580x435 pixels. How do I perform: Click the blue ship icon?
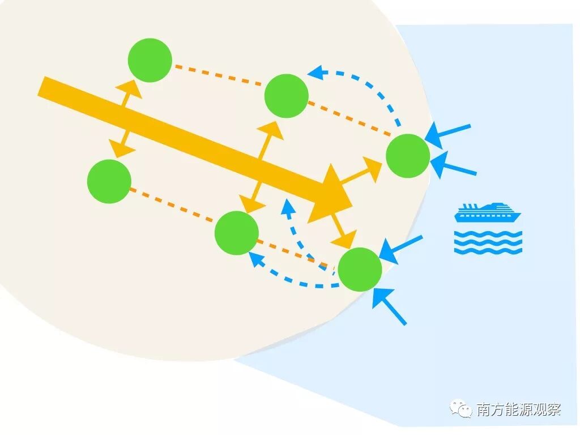click(x=488, y=212)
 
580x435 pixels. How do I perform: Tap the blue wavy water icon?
click(x=488, y=242)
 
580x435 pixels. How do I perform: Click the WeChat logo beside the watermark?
click(x=460, y=408)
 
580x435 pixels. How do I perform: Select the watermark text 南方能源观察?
click(x=519, y=409)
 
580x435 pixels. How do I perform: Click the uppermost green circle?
click(x=150, y=60)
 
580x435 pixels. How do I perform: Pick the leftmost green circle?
click(x=109, y=181)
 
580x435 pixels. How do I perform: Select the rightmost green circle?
click(x=408, y=156)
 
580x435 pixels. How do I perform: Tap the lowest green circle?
click(x=360, y=270)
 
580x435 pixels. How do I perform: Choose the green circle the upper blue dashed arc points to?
click(x=287, y=96)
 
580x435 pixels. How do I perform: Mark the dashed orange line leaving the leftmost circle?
click(x=172, y=206)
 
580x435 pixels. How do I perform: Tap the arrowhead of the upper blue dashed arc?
click(x=315, y=72)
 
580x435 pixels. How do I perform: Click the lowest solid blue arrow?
click(x=390, y=306)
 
